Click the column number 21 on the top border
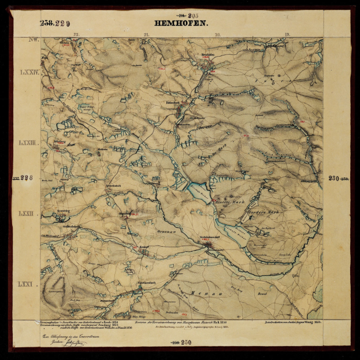click(x=147, y=35)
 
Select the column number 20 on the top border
click(x=217, y=35)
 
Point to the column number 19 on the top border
click(x=287, y=35)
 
